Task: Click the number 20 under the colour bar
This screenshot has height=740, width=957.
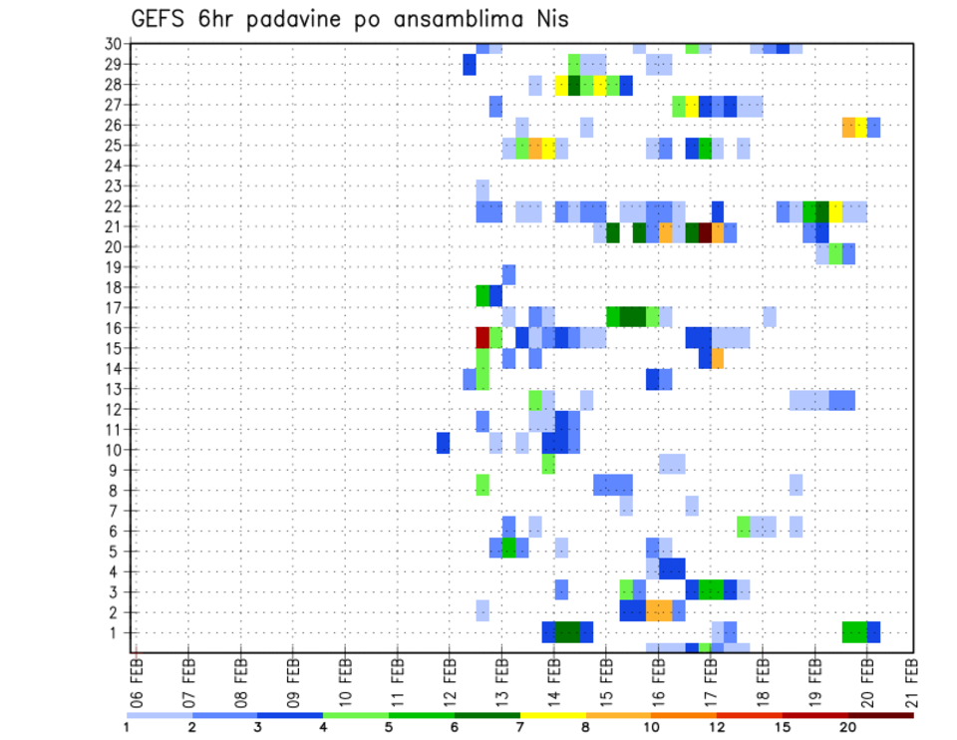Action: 847,727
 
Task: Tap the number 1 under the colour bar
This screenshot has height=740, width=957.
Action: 127,727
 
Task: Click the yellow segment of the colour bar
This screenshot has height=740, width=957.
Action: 552,715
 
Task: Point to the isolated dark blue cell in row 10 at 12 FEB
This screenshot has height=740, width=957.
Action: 443,442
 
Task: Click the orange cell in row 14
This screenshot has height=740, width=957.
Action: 718,358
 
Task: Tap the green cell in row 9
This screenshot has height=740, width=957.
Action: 548,464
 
